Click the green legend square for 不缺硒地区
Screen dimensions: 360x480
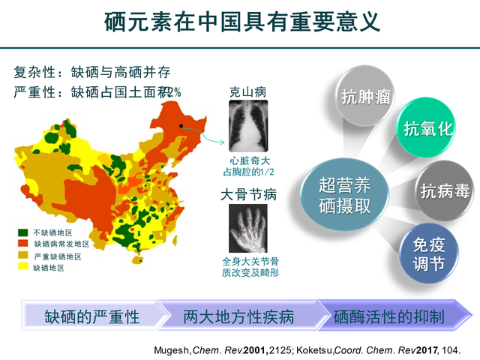24,232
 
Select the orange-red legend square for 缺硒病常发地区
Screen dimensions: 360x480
24,244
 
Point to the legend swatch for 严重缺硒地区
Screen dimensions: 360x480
24,255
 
